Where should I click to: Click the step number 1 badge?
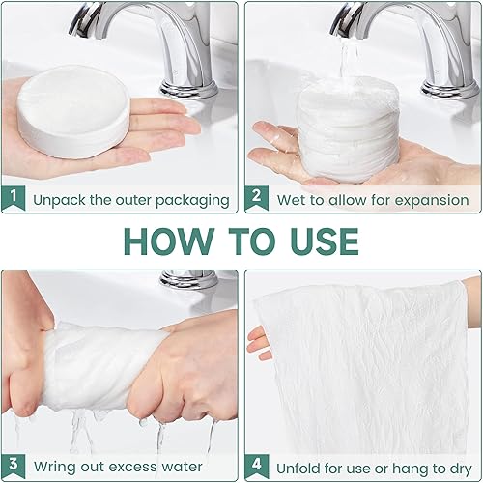tap(14, 198)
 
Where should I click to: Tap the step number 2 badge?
tap(256, 198)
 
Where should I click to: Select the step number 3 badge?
tap(14, 466)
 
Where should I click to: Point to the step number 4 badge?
tap(257, 466)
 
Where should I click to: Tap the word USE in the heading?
tap(324, 241)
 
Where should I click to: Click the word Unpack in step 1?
tap(60, 201)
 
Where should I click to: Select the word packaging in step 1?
tap(192, 201)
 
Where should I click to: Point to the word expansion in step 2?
tap(432, 201)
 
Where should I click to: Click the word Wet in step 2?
tap(289, 200)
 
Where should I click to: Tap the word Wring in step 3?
tap(55, 467)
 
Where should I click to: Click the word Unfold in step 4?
tap(298, 469)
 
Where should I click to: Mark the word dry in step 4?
tap(461, 469)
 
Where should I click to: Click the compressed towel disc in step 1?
tap(73, 111)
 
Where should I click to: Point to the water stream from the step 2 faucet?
tap(349, 60)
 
